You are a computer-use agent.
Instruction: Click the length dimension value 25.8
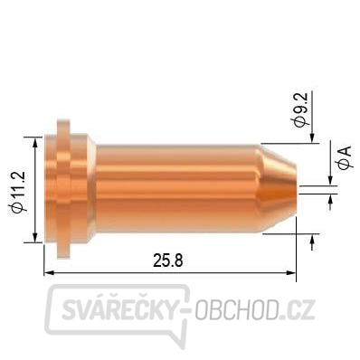[x=168, y=261]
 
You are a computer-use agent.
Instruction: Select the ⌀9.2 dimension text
[x=300, y=109]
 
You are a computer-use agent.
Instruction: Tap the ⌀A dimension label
[x=346, y=157]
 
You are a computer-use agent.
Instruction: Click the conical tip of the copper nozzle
[x=279, y=188]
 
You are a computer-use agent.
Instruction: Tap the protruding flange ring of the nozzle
[x=63, y=189]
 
